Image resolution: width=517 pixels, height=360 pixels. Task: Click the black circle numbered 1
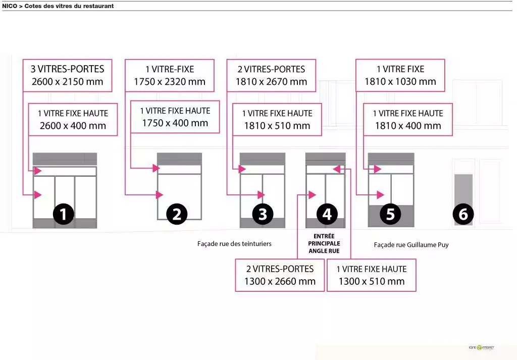pyautogui.click(x=64, y=214)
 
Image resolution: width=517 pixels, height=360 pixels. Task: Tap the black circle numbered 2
pyautogui.click(x=176, y=214)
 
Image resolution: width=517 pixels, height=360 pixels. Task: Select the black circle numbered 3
pyautogui.click(x=263, y=214)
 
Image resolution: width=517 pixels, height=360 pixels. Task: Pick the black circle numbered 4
pyautogui.click(x=327, y=214)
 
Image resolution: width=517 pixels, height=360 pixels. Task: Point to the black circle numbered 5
pyautogui.click(x=390, y=214)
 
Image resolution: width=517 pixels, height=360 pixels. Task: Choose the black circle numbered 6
pyautogui.click(x=463, y=215)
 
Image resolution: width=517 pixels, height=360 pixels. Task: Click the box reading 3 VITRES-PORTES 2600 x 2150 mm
pyautogui.click(x=68, y=75)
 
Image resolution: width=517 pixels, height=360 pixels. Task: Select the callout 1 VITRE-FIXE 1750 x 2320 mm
pyautogui.click(x=170, y=75)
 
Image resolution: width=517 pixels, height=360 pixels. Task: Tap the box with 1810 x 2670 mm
pyautogui.click(x=271, y=75)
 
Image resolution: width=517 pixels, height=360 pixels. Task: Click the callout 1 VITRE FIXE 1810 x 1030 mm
pyautogui.click(x=400, y=75)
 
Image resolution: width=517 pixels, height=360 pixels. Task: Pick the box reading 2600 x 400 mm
pyautogui.click(x=73, y=120)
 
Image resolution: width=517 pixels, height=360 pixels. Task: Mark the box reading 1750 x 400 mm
pyautogui.click(x=175, y=117)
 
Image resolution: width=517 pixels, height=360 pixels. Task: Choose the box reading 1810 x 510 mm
pyautogui.click(x=277, y=120)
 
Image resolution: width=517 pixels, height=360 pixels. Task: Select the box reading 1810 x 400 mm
pyautogui.click(x=408, y=120)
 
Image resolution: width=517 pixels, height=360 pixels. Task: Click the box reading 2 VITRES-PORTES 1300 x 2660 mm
pyautogui.click(x=280, y=275)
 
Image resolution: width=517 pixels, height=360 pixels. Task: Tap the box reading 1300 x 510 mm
pyautogui.click(x=372, y=275)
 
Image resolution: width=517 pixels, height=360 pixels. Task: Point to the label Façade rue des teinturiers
pyautogui.click(x=234, y=244)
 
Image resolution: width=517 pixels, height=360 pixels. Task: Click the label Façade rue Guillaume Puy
pyautogui.click(x=411, y=245)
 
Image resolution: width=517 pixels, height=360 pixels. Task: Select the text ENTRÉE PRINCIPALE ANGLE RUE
pyautogui.click(x=324, y=243)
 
